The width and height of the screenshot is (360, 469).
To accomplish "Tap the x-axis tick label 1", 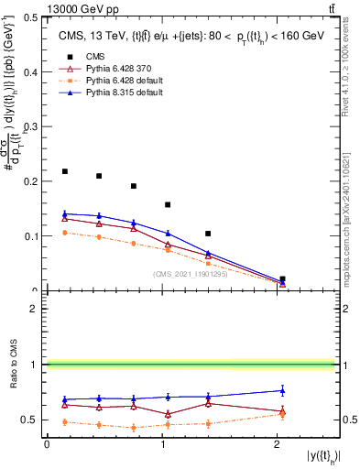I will (x=162, y=443).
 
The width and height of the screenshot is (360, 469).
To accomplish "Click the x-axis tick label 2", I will (x=278, y=443).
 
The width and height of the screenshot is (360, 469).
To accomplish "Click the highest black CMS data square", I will (x=65, y=171).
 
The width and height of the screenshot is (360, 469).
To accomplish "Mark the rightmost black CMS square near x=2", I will (x=282, y=278).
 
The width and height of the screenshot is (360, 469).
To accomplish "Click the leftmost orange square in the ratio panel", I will (x=65, y=422).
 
